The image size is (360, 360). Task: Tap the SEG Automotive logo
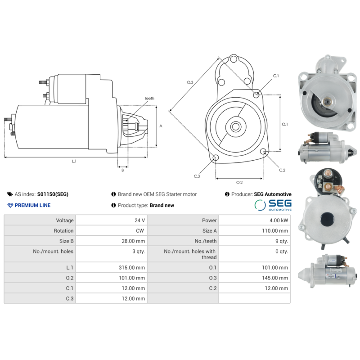click(273, 205)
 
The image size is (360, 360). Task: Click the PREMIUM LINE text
click(32, 205)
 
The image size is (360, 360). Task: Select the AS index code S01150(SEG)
click(53, 194)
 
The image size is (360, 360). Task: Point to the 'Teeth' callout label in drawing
click(149, 98)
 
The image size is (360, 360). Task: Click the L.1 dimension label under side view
click(74, 161)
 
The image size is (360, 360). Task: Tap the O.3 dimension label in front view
click(190, 82)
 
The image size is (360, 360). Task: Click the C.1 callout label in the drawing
click(276, 76)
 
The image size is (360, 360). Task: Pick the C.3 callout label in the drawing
click(197, 176)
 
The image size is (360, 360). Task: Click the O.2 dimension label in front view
click(239, 182)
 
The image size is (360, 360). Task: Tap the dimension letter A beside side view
click(161, 126)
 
